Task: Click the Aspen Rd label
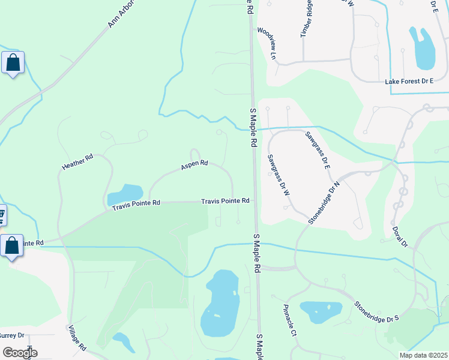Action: pos(194,165)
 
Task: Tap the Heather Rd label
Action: pos(77,161)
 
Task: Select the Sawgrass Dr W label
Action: pos(278,176)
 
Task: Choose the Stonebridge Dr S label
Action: pos(376,312)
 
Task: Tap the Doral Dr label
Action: pos(400,236)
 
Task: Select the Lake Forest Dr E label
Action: pos(409,81)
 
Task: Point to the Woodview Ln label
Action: pos(268,43)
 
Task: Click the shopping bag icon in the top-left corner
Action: pos(13,63)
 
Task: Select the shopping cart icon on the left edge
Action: pos(2,214)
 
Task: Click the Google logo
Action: pos(20,353)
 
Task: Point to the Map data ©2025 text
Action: pos(423,355)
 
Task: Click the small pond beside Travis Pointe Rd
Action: pos(125,194)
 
